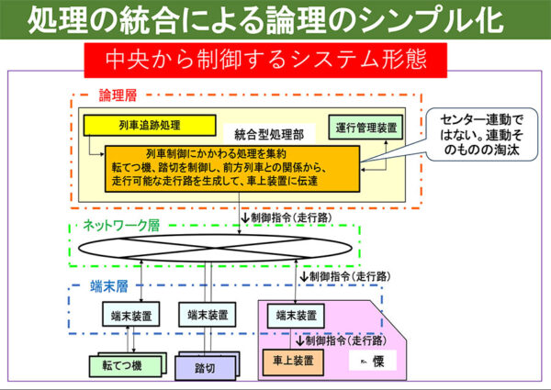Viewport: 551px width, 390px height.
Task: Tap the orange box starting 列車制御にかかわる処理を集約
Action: pyautogui.click(x=231, y=168)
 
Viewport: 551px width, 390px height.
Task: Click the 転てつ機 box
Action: pyautogui.click(x=123, y=364)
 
